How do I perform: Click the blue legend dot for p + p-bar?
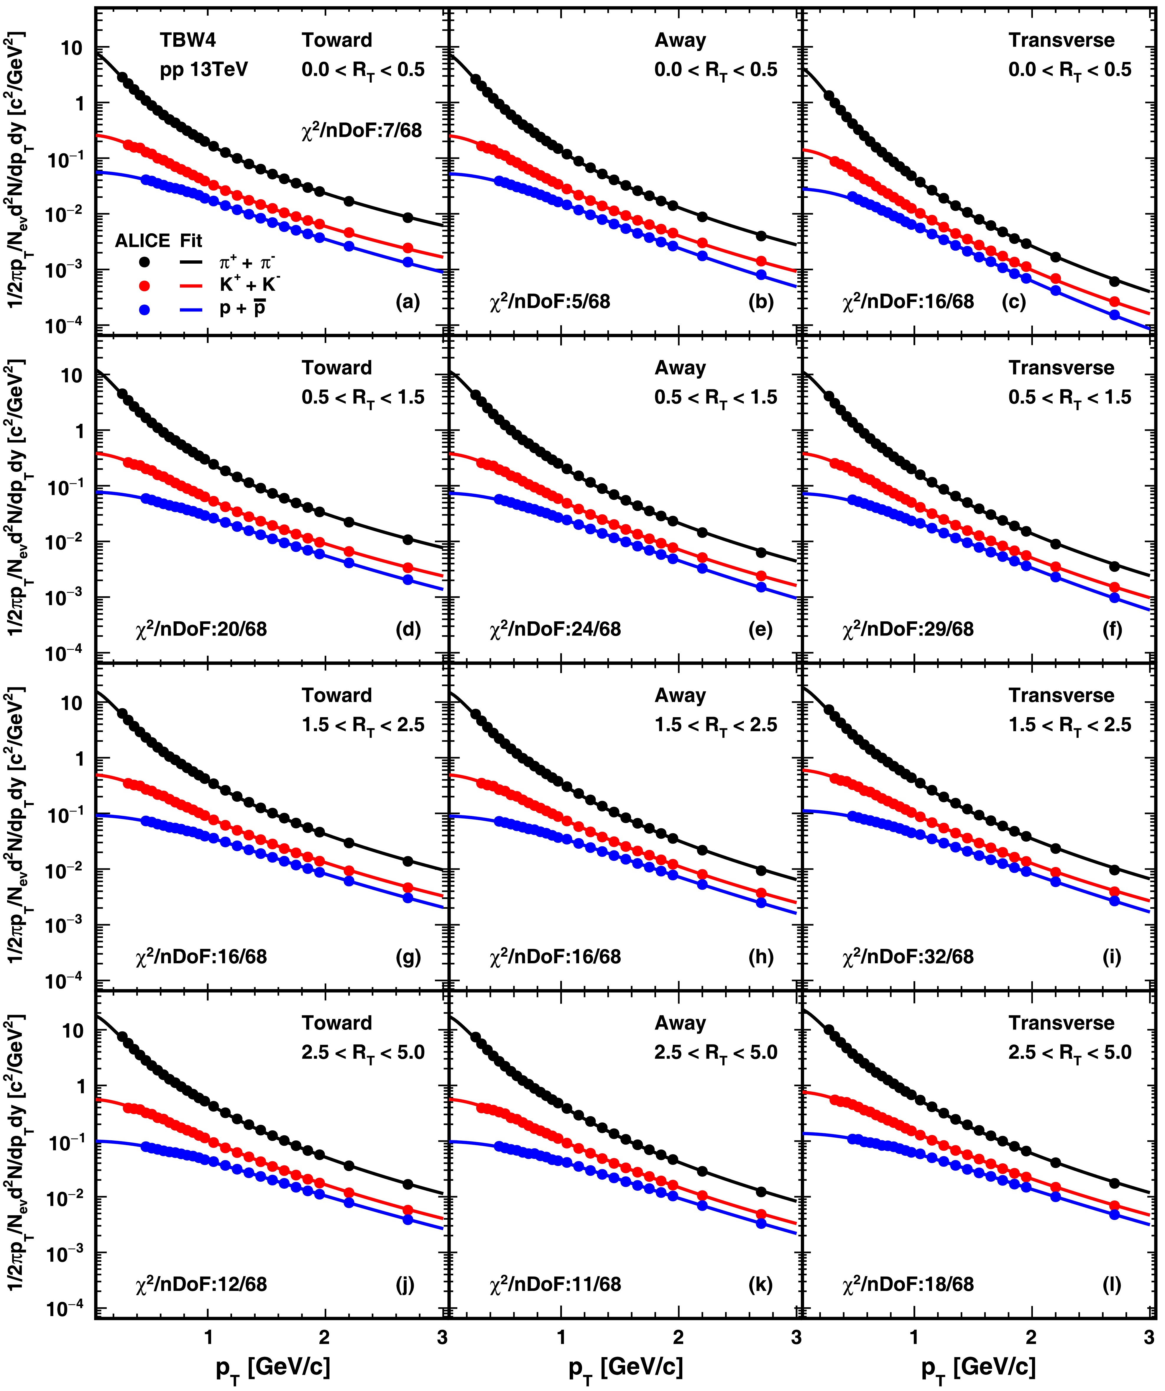(x=145, y=309)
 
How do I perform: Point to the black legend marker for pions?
(x=145, y=262)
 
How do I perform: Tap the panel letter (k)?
(x=760, y=1284)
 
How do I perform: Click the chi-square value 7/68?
(x=362, y=130)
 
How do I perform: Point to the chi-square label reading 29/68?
(x=908, y=629)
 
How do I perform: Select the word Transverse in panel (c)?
(x=1062, y=40)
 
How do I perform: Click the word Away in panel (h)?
(x=680, y=695)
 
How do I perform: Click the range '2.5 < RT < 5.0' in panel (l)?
(x=1070, y=1052)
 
